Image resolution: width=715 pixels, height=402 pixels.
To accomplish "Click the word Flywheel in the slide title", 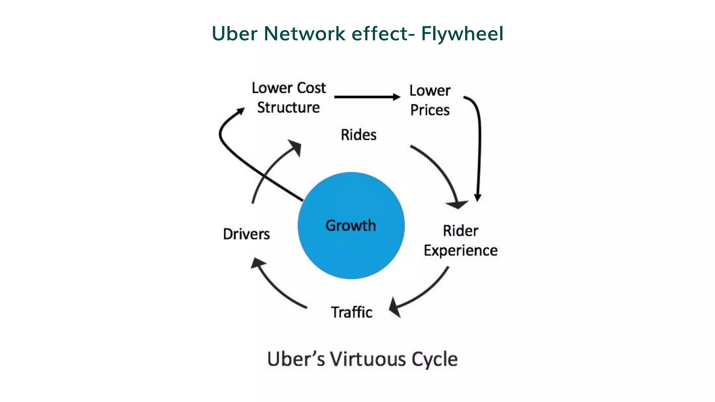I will click(462, 34).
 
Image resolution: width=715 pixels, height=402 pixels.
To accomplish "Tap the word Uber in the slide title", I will click(234, 34).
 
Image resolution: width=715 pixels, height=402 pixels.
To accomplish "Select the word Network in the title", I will click(304, 34).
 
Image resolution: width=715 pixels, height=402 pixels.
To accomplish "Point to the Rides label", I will click(359, 135).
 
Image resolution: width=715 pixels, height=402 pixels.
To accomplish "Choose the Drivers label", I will click(246, 234).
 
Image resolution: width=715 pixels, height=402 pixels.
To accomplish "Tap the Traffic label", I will click(352, 312).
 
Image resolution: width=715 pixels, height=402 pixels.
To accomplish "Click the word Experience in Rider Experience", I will click(460, 251).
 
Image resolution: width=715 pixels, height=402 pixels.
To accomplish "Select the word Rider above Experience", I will click(460, 231).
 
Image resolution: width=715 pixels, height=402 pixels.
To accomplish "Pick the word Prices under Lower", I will click(430, 110).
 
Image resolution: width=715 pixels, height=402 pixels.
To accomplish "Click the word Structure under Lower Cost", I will click(288, 107).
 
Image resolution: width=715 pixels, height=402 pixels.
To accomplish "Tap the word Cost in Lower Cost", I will click(311, 88).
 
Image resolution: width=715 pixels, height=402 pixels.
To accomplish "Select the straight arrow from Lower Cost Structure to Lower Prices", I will click(367, 97).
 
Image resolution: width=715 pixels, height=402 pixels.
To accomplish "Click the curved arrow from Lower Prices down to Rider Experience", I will click(479, 147).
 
